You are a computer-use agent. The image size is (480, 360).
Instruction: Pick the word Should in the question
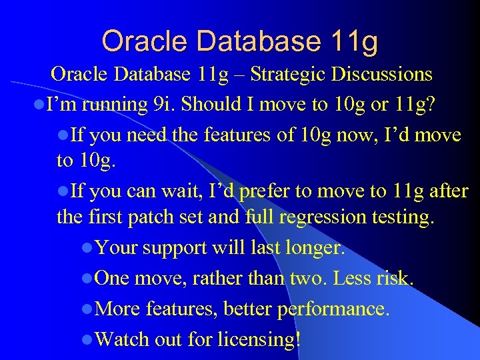point(214,105)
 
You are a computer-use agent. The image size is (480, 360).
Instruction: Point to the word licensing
point(261,340)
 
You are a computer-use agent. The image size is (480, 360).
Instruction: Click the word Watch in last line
point(122,339)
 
